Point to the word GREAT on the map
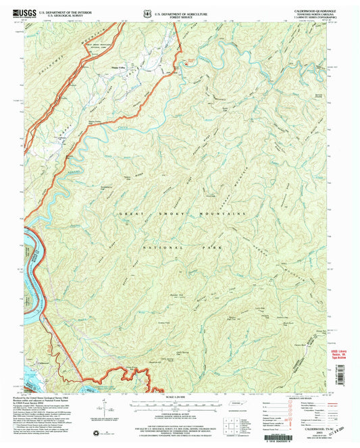coord(131,214)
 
